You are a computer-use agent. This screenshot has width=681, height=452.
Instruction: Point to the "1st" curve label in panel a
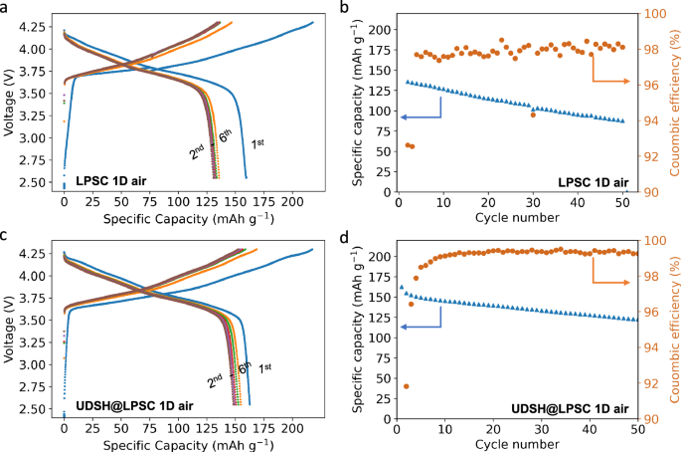[256, 144]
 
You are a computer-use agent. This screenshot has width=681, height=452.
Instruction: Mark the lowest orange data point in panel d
[406, 386]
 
